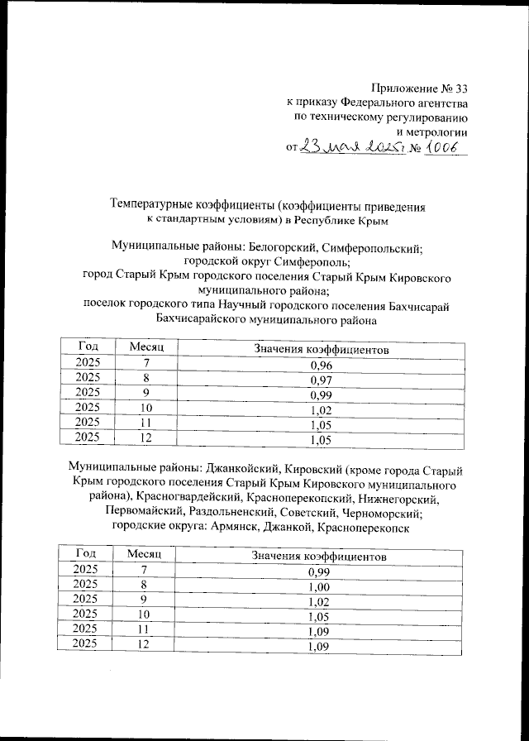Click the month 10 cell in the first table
click(147, 407)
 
